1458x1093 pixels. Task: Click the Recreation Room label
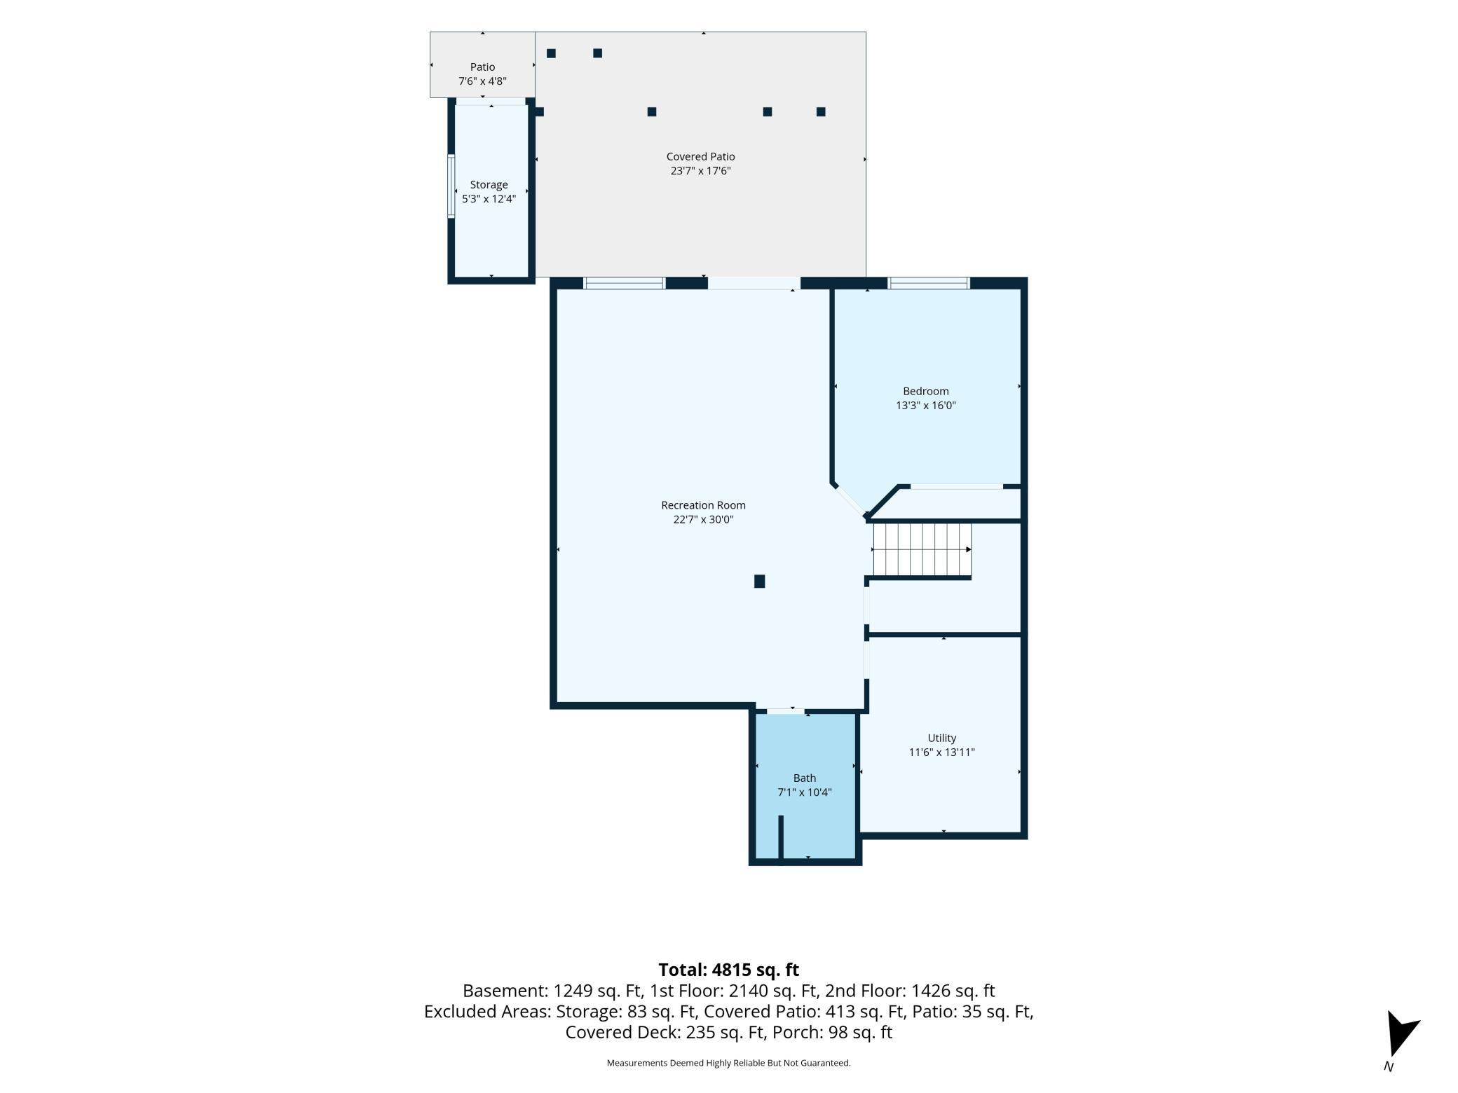tap(703, 505)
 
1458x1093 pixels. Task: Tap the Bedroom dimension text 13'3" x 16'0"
tap(925, 405)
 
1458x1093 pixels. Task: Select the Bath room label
tap(805, 778)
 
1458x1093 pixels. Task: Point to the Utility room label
tap(942, 738)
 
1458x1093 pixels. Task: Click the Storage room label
tap(489, 185)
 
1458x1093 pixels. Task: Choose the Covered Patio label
tap(700, 156)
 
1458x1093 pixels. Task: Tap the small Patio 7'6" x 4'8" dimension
tap(482, 81)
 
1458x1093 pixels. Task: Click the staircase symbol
tap(922, 549)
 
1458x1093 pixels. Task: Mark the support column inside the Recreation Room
tap(759, 581)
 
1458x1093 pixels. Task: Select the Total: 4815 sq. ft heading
tap(728, 970)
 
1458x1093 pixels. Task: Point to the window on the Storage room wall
tap(451, 186)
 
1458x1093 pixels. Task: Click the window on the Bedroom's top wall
tap(929, 283)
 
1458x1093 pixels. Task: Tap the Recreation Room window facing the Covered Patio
tap(625, 283)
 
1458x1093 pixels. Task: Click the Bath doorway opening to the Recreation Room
tap(785, 711)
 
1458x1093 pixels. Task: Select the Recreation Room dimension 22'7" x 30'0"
tap(698, 519)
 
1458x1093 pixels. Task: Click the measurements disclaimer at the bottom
tap(728, 1063)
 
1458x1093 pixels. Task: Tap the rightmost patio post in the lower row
tap(821, 111)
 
